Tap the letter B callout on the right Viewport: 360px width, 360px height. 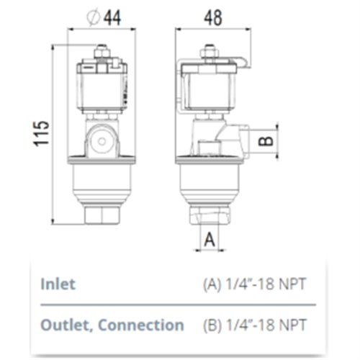pos(266,139)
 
